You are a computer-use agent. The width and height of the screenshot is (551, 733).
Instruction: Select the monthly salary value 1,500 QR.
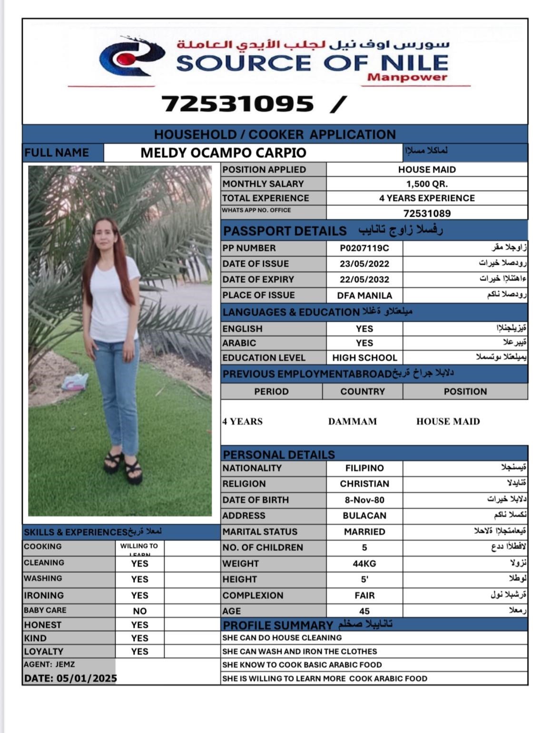pyautogui.click(x=427, y=184)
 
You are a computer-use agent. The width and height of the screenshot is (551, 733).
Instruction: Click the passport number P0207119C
pyautogui.click(x=364, y=248)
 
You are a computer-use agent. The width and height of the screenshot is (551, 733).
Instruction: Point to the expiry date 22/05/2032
pyautogui.click(x=364, y=280)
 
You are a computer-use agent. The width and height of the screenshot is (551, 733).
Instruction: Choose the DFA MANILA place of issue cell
pyautogui.click(x=364, y=295)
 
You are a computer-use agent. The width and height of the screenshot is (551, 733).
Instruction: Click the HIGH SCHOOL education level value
pyautogui.click(x=364, y=357)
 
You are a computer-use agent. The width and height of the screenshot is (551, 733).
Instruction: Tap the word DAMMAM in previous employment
pyautogui.click(x=352, y=421)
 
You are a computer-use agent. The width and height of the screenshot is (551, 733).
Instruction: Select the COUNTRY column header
pyautogui.click(x=362, y=391)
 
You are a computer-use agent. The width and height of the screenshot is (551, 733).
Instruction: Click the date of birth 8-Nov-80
pyautogui.click(x=364, y=500)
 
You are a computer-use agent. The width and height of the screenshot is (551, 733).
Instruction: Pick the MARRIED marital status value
pyautogui.click(x=364, y=531)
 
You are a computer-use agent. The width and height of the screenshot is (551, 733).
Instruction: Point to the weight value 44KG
pyautogui.click(x=364, y=563)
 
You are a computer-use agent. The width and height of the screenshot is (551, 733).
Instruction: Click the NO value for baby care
pyautogui.click(x=139, y=611)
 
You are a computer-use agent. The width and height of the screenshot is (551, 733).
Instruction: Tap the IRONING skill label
pyautogui.click(x=43, y=595)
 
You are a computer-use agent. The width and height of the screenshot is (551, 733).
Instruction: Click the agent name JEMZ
pyautogui.click(x=65, y=664)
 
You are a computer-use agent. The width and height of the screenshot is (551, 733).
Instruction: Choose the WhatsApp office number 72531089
pyautogui.click(x=427, y=213)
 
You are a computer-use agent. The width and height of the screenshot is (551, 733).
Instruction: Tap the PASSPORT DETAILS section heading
pyautogui.click(x=285, y=231)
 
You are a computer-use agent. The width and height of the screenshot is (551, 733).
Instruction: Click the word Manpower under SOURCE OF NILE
pyautogui.click(x=407, y=77)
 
